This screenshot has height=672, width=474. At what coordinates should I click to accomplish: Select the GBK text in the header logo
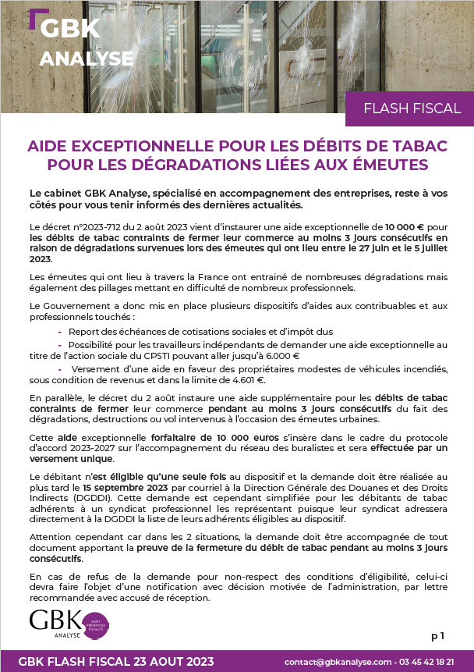click(x=69, y=29)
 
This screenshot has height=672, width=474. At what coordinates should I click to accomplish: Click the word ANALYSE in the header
click(x=86, y=59)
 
